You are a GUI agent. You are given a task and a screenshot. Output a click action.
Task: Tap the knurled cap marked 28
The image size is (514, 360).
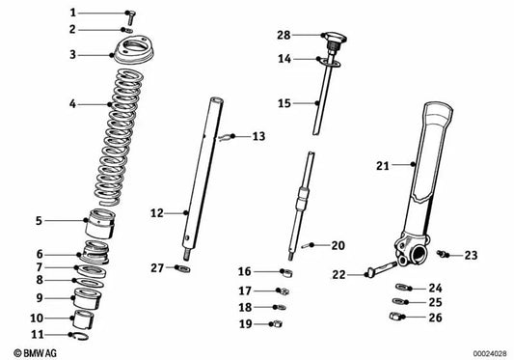[x=334, y=41]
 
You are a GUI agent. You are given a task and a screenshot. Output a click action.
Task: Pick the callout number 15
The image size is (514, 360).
[x=284, y=101]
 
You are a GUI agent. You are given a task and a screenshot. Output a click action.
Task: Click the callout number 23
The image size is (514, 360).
[x=471, y=256]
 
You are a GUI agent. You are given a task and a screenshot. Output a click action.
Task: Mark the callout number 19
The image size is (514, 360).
[x=245, y=325]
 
